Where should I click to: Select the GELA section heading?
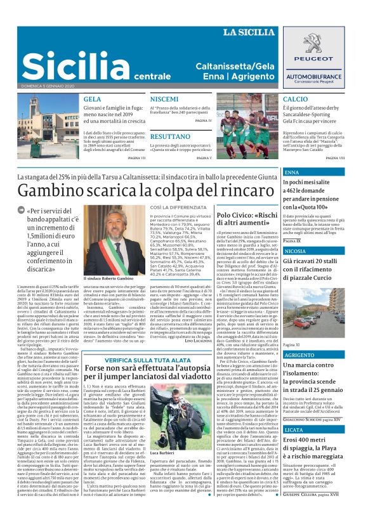[x=92, y=100]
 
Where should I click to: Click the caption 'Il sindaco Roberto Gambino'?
[x=108, y=278]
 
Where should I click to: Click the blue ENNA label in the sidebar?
[x=292, y=173]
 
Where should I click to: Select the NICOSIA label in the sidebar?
[x=296, y=251]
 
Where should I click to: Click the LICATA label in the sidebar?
[x=295, y=429]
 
